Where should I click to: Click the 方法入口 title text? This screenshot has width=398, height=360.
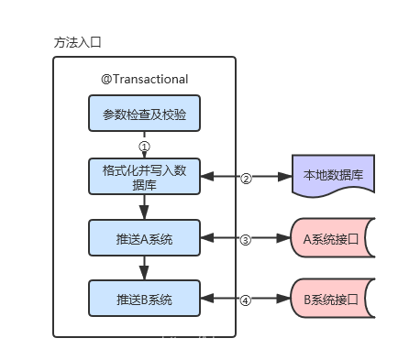[x=78, y=43]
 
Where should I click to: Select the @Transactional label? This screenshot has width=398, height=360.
[x=144, y=80]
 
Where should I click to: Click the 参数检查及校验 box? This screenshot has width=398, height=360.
[x=144, y=115]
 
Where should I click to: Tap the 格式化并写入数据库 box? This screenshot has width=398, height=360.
[x=144, y=176]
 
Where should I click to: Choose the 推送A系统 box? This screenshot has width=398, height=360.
[x=144, y=238]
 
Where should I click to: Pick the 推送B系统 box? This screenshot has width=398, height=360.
[x=144, y=299]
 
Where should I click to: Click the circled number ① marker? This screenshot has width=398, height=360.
[x=144, y=146]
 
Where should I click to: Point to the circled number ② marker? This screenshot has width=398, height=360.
[x=246, y=178]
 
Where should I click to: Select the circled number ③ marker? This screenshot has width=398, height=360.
[x=246, y=239]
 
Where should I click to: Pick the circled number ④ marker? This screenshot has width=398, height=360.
[x=246, y=300]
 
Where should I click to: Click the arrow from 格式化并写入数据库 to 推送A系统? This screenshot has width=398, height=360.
[x=144, y=207]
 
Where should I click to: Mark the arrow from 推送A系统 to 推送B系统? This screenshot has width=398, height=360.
[x=144, y=268]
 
